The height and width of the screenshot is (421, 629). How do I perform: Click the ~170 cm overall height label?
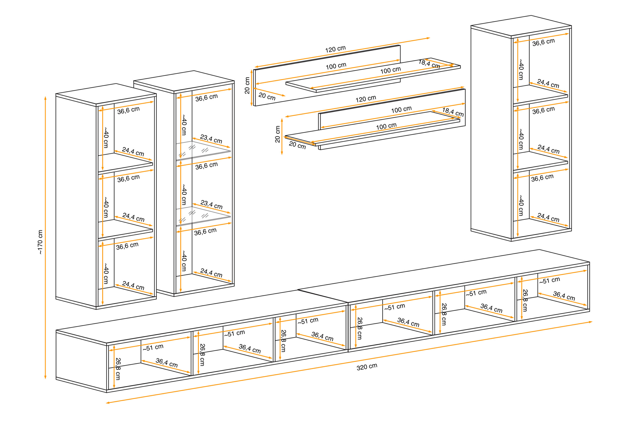pyautogui.click(x=40, y=242)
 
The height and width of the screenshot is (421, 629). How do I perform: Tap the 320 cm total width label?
pyautogui.click(x=367, y=367)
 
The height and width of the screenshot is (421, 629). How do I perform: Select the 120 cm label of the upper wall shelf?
pyautogui.click(x=335, y=49)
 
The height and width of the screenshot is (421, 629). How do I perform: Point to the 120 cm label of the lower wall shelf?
pyautogui.click(x=366, y=99)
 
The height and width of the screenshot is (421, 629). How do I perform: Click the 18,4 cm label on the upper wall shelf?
pyautogui.click(x=429, y=64)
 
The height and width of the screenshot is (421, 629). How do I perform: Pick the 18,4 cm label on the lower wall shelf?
pyautogui.click(x=453, y=112)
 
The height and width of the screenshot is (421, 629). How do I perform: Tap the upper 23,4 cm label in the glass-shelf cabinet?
pyautogui.click(x=211, y=139)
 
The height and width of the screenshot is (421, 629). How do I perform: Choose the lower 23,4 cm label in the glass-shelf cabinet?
pyautogui.click(x=211, y=204)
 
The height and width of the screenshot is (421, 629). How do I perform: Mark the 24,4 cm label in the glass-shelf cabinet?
pyautogui.click(x=211, y=273)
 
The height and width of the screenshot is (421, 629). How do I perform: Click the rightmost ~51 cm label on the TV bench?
pyautogui.click(x=550, y=280)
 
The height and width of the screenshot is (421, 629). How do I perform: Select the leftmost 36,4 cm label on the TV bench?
pyautogui.click(x=167, y=363)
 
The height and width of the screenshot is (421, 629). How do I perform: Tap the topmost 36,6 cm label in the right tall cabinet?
pyautogui.click(x=543, y=42)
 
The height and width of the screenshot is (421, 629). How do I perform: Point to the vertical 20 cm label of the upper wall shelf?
pyautogui.click(x=247, y=85)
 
